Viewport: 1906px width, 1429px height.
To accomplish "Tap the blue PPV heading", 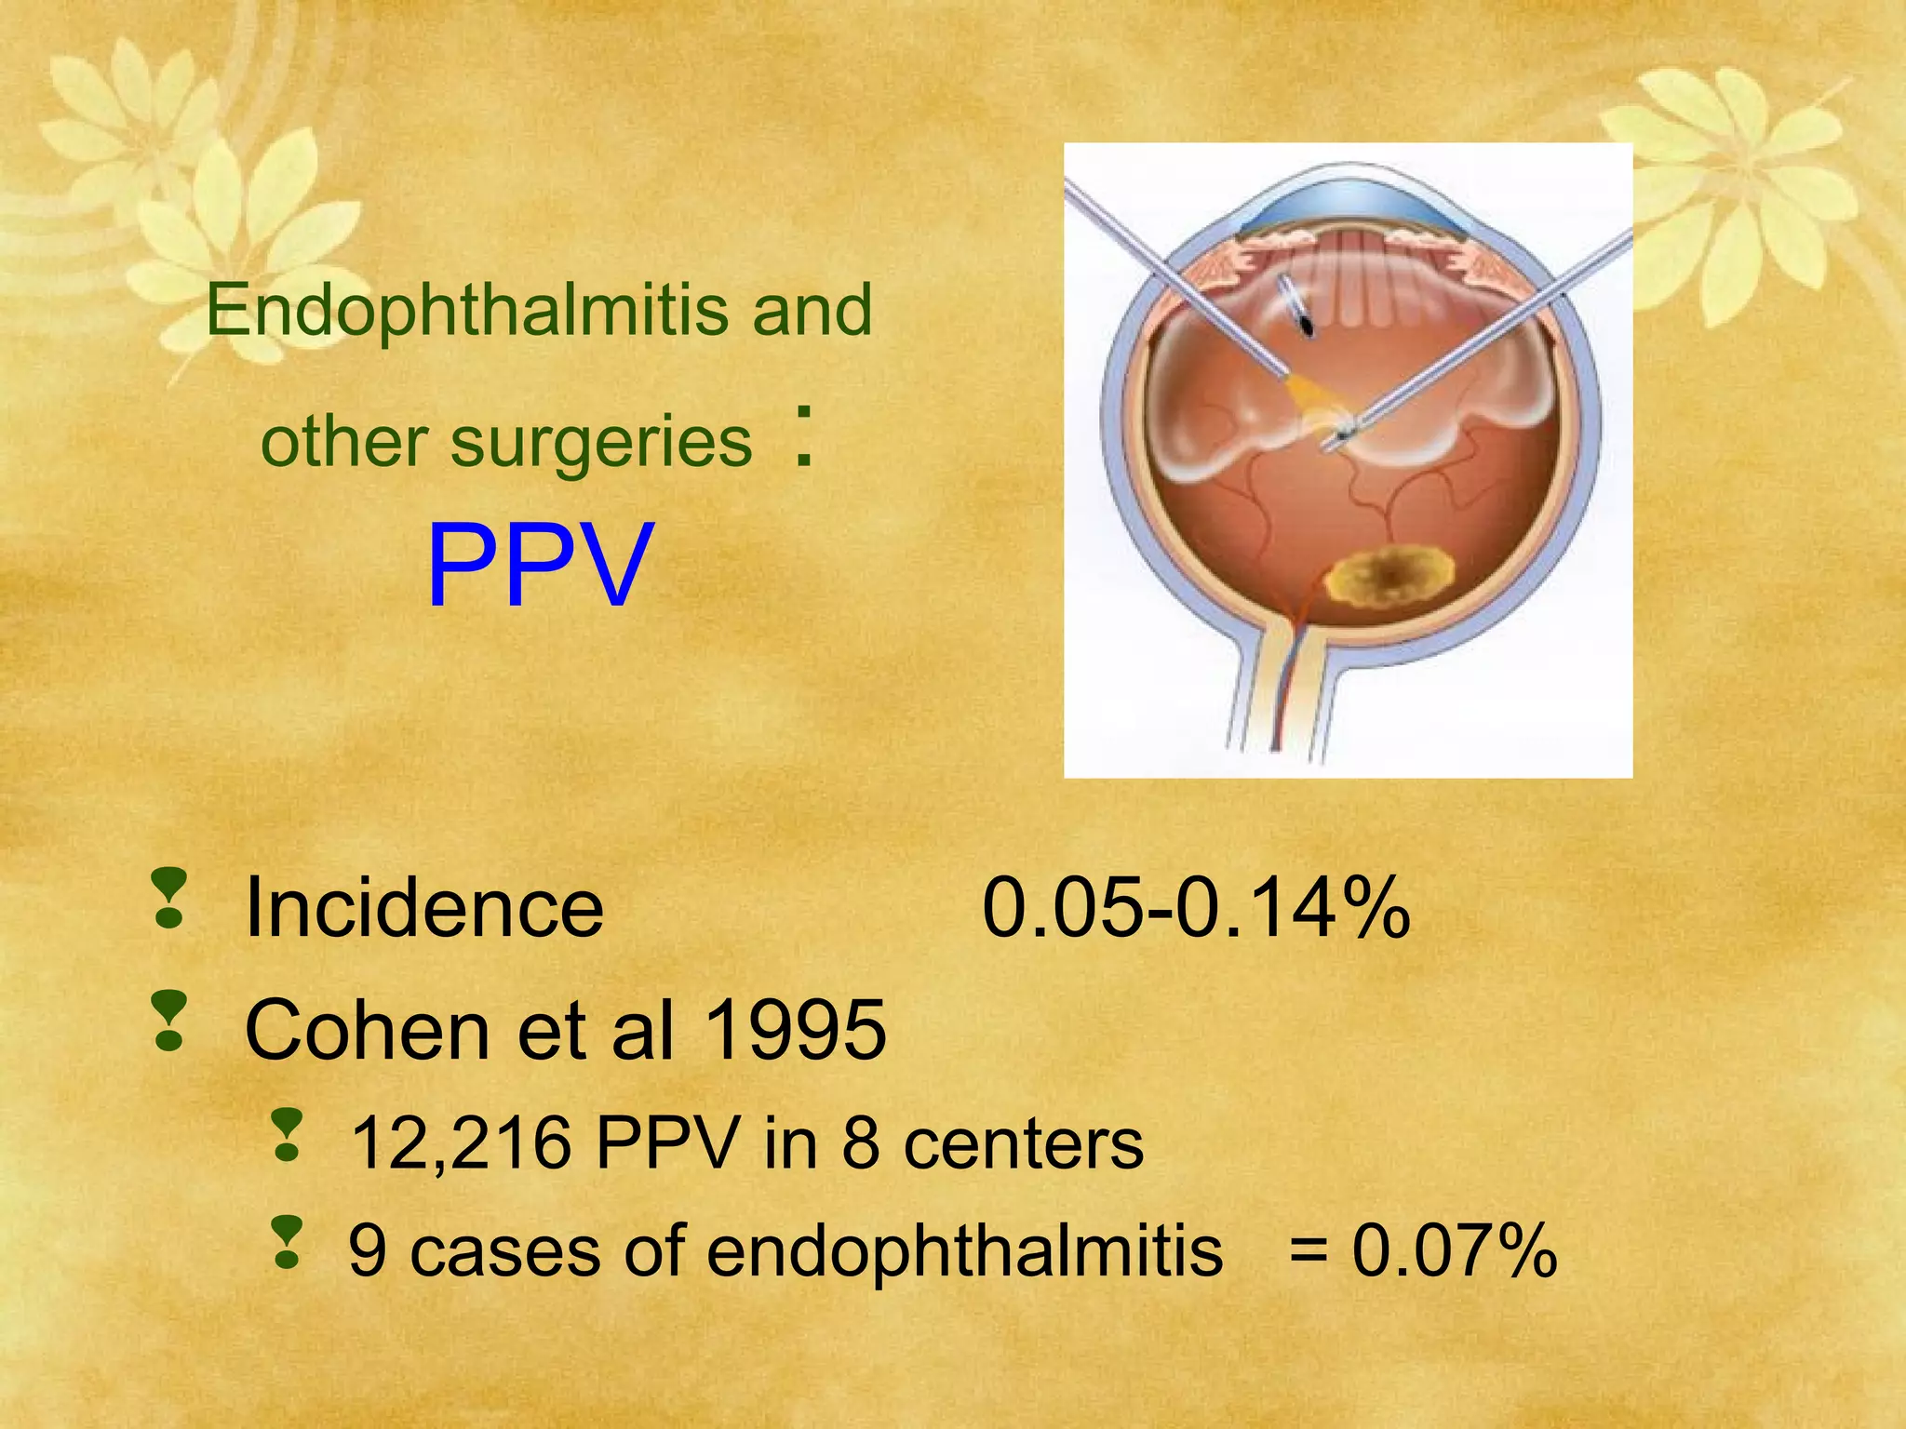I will pyautogui.click(x=539, y=567).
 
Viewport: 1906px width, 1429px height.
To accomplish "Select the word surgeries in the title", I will pyautogui.click(x=601, y=442).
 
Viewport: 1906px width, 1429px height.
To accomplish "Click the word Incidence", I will pyautogui.click(x=423, y=908).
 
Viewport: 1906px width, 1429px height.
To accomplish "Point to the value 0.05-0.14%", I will pyautogui.click(x=1196, y=908).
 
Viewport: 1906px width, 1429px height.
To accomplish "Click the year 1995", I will pyautogui.click(x=796, y=1030).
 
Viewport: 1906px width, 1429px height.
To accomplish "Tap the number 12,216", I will pyautogui.click(x=461, y=1143).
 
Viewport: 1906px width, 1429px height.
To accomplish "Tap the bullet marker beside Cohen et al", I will pyautogui.click(x=169, y=1022).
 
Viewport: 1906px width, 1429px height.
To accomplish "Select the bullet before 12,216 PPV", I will pyautogui.click(x=288, y=1135).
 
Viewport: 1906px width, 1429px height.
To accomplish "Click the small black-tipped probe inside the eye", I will pyautogui.click(x=1305, y=322).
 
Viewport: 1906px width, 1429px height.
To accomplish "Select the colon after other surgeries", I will pyautogui.click(x=806, y=435).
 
